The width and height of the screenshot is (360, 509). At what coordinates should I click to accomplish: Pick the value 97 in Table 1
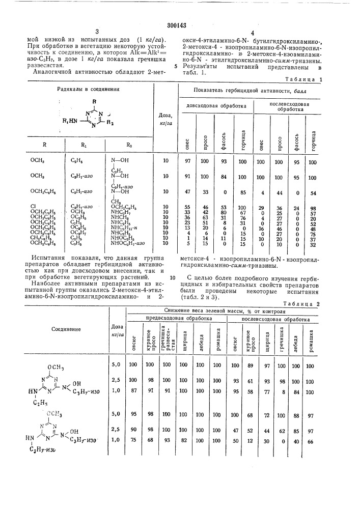184,161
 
